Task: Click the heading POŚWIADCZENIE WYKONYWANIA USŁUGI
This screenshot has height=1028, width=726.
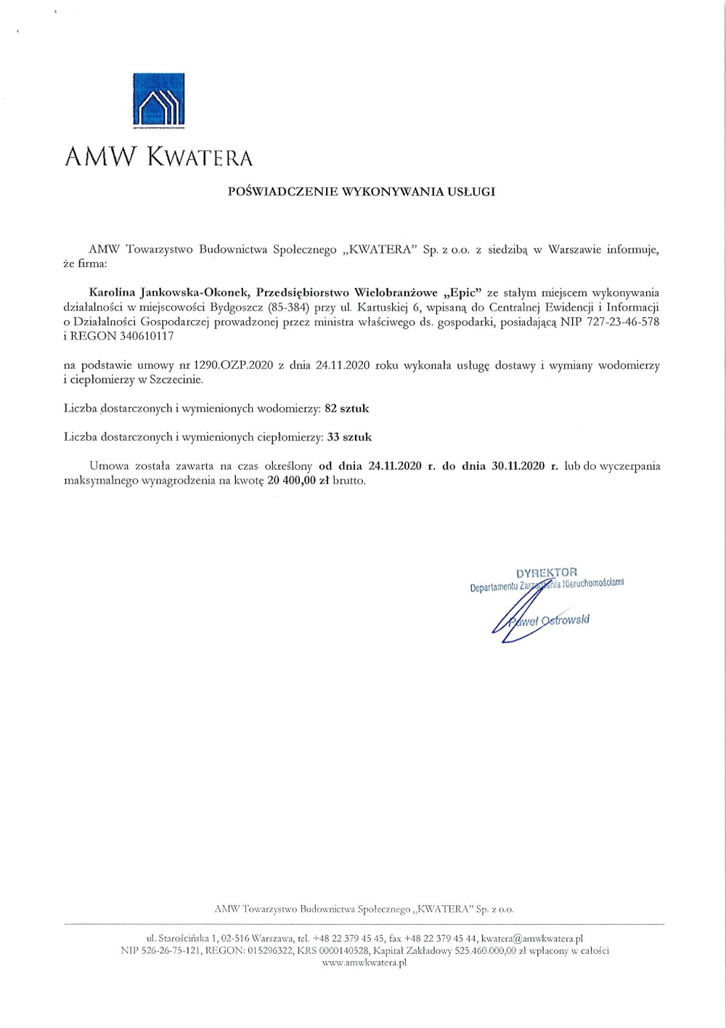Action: point(362,192)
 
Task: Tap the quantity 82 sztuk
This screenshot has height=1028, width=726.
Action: point(346,409)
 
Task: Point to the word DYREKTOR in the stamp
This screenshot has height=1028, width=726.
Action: point(547,572)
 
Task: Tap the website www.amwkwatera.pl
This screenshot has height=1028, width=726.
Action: point(363,963)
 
